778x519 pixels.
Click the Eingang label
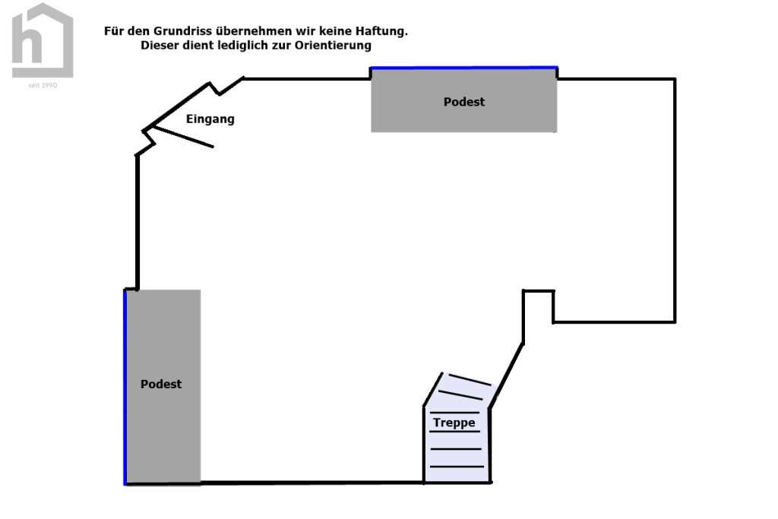pos(210,119)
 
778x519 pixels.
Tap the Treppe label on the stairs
pos(454,422)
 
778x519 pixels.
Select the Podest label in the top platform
pos(464,102)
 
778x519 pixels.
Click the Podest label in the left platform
pos(161,384)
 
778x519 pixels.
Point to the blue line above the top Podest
pos(464,68)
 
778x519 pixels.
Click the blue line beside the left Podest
pos(125,387)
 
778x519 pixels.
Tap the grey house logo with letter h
pos(43,40)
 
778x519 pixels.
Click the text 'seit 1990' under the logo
pos(43,85)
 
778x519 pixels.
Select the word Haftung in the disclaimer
pos(381,30)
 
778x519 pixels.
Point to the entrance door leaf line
pos(183,137)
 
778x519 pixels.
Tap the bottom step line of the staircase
pos(457,467)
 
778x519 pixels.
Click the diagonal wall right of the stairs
pos(506,375)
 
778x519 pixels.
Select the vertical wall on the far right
pos(675,201)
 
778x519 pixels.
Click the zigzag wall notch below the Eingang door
pos(148,144)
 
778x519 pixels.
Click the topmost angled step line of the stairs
pos(470,380)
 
